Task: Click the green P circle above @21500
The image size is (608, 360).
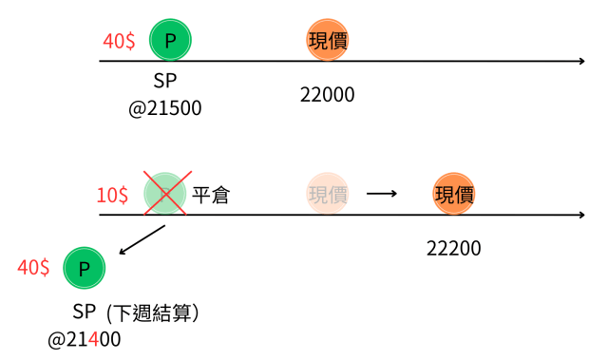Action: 170,40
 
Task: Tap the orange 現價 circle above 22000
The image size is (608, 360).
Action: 328,40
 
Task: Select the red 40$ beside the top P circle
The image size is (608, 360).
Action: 119,41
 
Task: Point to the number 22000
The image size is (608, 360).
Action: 327,94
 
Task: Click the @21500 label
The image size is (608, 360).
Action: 165,108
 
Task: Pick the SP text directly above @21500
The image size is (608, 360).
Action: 165,83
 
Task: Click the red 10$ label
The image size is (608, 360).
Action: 112,195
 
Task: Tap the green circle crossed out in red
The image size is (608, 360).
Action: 164,194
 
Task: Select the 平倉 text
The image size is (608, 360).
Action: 211,195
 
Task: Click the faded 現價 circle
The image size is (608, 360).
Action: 328,195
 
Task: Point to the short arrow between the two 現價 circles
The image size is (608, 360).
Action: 382,195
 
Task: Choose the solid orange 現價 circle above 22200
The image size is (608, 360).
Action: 454,195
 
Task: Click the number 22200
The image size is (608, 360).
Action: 454,248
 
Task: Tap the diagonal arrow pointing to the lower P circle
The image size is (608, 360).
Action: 142,239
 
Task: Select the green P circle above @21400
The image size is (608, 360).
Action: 84,269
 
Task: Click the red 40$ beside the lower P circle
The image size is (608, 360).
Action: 33,268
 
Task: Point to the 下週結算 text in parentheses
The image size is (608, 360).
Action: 153,313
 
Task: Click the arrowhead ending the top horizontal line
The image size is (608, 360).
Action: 579,62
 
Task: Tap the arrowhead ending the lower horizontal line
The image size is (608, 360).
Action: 579,216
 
